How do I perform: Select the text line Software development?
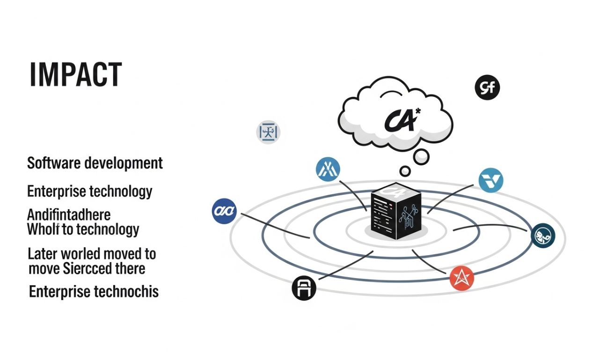pyautogui.click(x=95, y=163)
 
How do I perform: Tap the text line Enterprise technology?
pyautogui.click(x=90, y=191)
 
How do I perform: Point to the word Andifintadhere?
pyautogui.click(x=69, y=215)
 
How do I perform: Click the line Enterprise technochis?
pyautogui.click(x=94, y=292)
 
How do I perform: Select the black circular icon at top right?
pyautogui.click(x=488, y=88)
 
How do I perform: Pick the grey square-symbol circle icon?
pyautogui.click(x=269, y=132)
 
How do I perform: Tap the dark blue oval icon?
pyautogui.click(x=224, y=211)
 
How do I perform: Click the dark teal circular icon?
pyautogui.click(x=543, y=235)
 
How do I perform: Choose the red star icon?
pyautogui.click(x=462, y=278)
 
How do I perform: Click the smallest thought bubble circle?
pyautogui.click(x=405, y=170)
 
